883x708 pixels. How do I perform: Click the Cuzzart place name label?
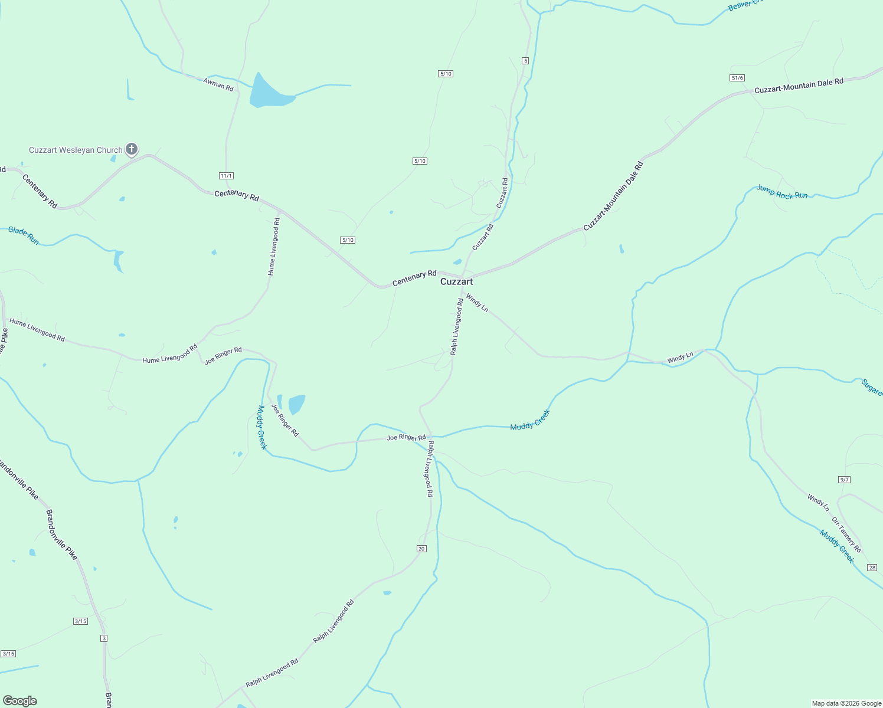pos(456,282)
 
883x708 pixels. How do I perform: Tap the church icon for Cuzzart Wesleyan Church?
pos(132,149)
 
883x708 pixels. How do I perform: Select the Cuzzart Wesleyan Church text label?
pos(76,150)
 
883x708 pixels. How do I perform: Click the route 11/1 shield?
pos(226,176)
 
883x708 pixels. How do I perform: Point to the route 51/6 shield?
pos(737,78)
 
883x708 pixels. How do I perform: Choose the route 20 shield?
pos(421,549)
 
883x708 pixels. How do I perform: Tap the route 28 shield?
pos(872,568)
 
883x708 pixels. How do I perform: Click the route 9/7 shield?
pos(845,480)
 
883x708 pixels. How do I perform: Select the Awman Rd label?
pos(218,85)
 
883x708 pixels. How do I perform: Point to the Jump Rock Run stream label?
pos(782,192)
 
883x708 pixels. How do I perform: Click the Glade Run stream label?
pos(24,235)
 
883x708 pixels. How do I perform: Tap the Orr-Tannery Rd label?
pos(846,535)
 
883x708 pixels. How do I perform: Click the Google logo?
pos(19,701)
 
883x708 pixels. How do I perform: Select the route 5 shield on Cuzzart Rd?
pos(525,61)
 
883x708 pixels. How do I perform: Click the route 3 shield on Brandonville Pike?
pos(104,638)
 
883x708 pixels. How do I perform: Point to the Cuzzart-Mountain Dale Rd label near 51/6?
pos(799,86)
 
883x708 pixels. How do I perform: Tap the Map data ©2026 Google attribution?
pos(846,703)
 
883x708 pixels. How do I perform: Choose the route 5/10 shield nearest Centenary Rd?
pos(348,240)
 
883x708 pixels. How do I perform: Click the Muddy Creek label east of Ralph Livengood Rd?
pos(529,419)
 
